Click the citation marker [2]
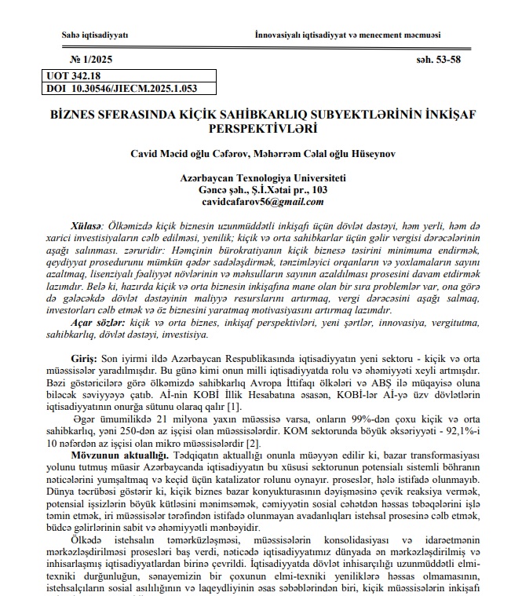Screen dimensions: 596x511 pos(275,442)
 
